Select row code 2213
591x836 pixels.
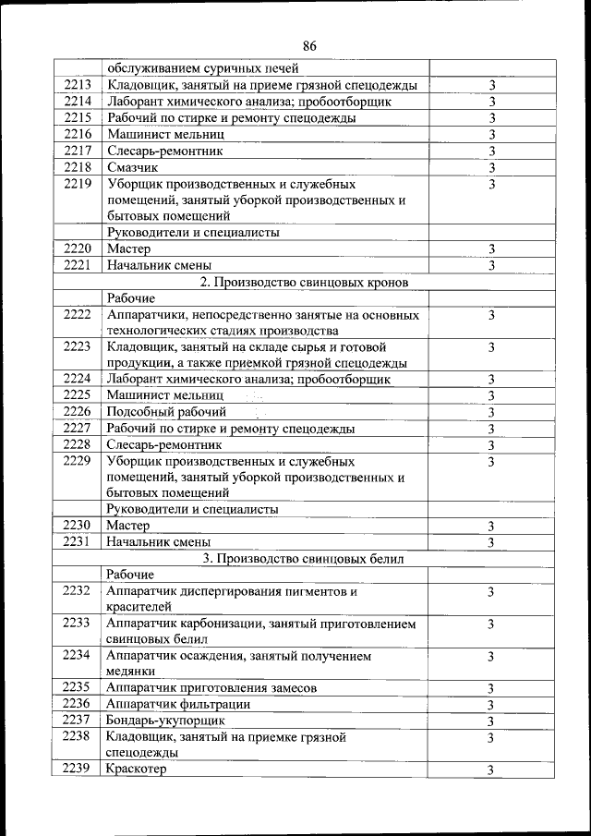(x=77, y=85)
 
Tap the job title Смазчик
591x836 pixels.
(x=132, y=167)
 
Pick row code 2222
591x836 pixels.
(x=77, y=315)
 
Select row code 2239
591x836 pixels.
(x=77, y=769)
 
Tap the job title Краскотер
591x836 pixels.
(x=136, y=769)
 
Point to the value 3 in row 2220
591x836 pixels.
(x=491, y=248)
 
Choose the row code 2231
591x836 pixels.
(x=77, y=541)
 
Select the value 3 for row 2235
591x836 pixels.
(x=491, y=688)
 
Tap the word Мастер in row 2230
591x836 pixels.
(x=128, y=525)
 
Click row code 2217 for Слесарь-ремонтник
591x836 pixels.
(x=77, y=151)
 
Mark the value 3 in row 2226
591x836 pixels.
(x=491, y=412)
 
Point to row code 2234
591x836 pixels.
(x=77, y=656)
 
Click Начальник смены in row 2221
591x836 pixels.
(x=158, y=265)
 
